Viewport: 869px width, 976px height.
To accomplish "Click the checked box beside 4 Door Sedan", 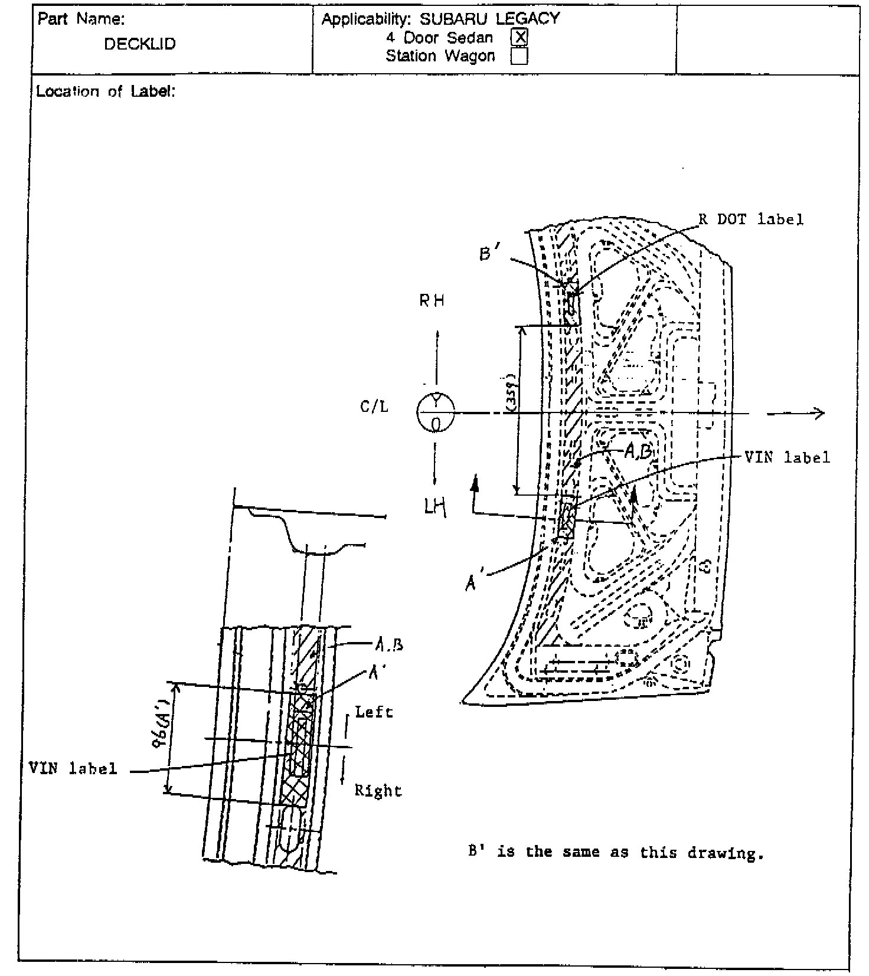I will pyautogui.click(x=520, y=38).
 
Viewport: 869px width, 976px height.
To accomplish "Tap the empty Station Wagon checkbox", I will pyautogui.click(x=520, y=56).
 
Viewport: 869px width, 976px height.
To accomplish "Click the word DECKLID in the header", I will pyautogui.click(x=140, y=44).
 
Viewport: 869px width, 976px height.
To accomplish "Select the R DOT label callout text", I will pyautogui.click(x=751, y=220).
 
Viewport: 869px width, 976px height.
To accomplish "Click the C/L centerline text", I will pyautogui.click(x=374, y=407).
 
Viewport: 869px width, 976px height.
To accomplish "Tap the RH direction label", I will pyautogui.click(x=432, y=301).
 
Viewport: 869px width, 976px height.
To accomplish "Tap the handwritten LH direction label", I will pyautogui.click(x=434, y=506).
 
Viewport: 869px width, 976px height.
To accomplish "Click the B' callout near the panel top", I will pyautogui.click(x=489, y=254).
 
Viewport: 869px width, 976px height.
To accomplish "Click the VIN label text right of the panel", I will pyautogui.click(x=787, y=457).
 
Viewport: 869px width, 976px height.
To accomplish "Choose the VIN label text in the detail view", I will pyautogui.click(x=73, y=768).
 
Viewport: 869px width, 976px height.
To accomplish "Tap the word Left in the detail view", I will pyautogui.click(x=374, y=712).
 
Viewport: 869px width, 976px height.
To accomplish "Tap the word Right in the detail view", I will pyautogui.click(x=378, y=791).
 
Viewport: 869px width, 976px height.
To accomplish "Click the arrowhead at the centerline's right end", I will pyautogui.click(x=818, y=414).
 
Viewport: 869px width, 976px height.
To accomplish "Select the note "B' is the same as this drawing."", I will pyautogui.click(x=616, y=852).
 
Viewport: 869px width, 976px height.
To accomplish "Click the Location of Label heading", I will pyautogui.click(x=106, y=91).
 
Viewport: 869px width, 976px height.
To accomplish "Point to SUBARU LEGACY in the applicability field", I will pyautogui.click(x=489, y=19).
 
